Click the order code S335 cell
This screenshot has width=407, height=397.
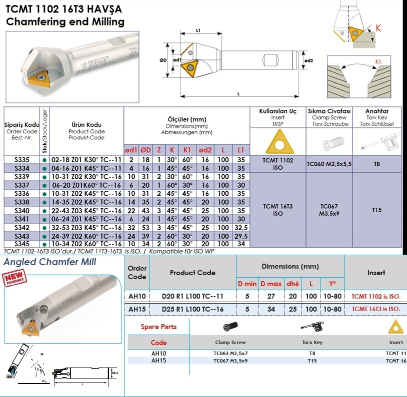[x=21, y=160]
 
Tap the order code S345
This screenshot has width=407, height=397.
[x=21, y=243]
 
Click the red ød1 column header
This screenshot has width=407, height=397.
[x=131, y=150]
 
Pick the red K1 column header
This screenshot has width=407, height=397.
[x=188, y=150]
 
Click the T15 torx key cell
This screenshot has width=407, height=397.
[x=376, y=210]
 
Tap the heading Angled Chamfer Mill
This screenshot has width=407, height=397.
[x=50, y=262]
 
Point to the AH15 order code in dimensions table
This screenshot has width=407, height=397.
[x=137, y=309]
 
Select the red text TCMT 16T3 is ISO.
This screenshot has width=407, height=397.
[x=376, y=309]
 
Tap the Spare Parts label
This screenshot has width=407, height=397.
[x=158, y=327]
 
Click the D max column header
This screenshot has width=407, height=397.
[x=271, y=284]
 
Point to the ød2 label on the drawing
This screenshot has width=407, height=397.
[x=308, y=61]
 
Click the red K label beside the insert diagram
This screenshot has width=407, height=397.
[x=378, y=29]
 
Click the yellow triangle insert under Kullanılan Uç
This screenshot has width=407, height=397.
[x=277, y=142]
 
